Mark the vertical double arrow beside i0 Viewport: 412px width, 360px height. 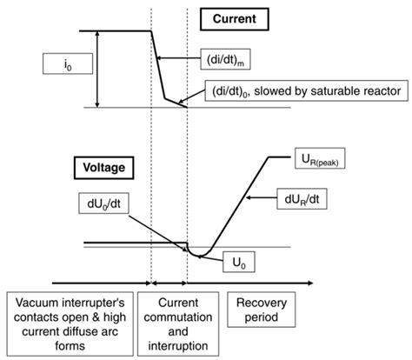tap(97, 69)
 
